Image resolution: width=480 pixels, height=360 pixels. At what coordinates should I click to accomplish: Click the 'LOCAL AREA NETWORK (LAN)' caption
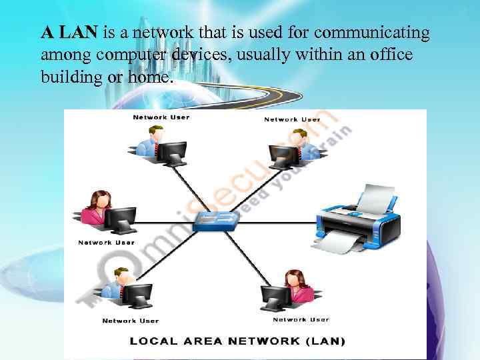pyautogui.click(x=238, y=342)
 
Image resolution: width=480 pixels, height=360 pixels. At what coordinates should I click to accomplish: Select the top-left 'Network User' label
pyautogui.click(x=161, y=117)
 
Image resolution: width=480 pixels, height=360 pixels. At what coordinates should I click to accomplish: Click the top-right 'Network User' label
pyautogui.click(x=292, y=119)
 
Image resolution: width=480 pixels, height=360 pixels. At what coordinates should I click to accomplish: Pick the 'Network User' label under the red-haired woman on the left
pyautogui.click(x=106, y=243)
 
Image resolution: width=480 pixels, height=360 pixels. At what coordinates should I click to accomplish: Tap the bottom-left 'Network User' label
pyautogui.click(x=131, y=321)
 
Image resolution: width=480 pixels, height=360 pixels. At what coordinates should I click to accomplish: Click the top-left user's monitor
pyautogui.click(x=173, y=151)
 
